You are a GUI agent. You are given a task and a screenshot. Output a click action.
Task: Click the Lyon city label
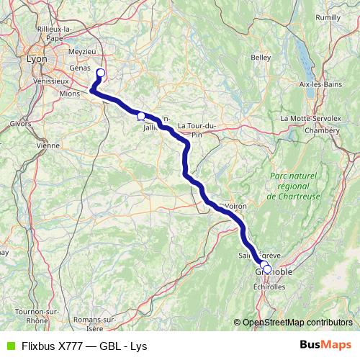[x=35, y=60]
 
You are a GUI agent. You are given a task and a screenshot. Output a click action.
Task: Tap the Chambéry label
[x=320, y=131]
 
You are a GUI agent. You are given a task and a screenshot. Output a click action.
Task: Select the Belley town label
[x=260, y=57]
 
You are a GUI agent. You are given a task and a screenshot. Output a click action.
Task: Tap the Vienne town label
[x=48, y=145]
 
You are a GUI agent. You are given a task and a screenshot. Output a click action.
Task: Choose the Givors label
[x=22, y=123]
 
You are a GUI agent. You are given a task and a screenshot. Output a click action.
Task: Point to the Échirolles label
[x=269, y=286]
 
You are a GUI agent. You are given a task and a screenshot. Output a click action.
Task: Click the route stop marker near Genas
[x=101, y=72]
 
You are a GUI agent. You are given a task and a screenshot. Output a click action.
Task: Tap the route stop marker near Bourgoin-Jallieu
[x=140, y=116]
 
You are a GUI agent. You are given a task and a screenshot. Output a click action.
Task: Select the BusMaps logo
[x=325, y=345]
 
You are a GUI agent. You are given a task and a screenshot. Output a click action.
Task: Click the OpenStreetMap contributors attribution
[x=293, y=323]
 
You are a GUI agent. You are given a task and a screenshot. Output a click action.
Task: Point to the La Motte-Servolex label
[x=309, y=118]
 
